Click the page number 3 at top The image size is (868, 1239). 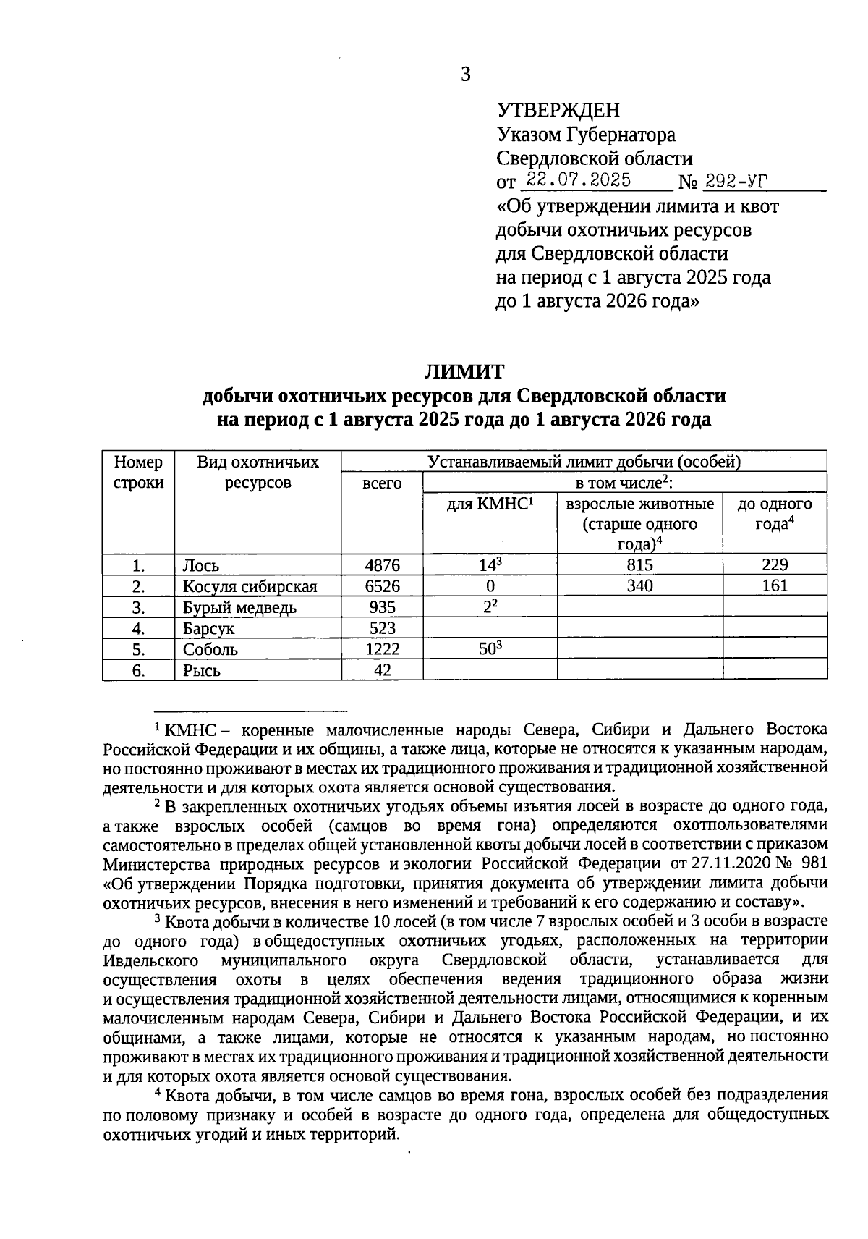tap(465, 75)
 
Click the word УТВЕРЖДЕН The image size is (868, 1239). tap(558, 111)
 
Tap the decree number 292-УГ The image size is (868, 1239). tap(736, 180)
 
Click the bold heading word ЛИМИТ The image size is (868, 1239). tap(464, 372)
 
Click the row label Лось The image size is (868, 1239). tap(200, 566)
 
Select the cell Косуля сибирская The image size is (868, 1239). tap(250, 587)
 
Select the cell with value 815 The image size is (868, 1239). tap(639, 565)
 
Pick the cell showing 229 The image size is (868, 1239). tap(775, 565)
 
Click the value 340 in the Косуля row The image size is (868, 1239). tap(639, 586)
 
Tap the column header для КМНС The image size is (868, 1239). tap(490, 504)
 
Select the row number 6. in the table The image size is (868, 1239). tap(138, 670)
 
